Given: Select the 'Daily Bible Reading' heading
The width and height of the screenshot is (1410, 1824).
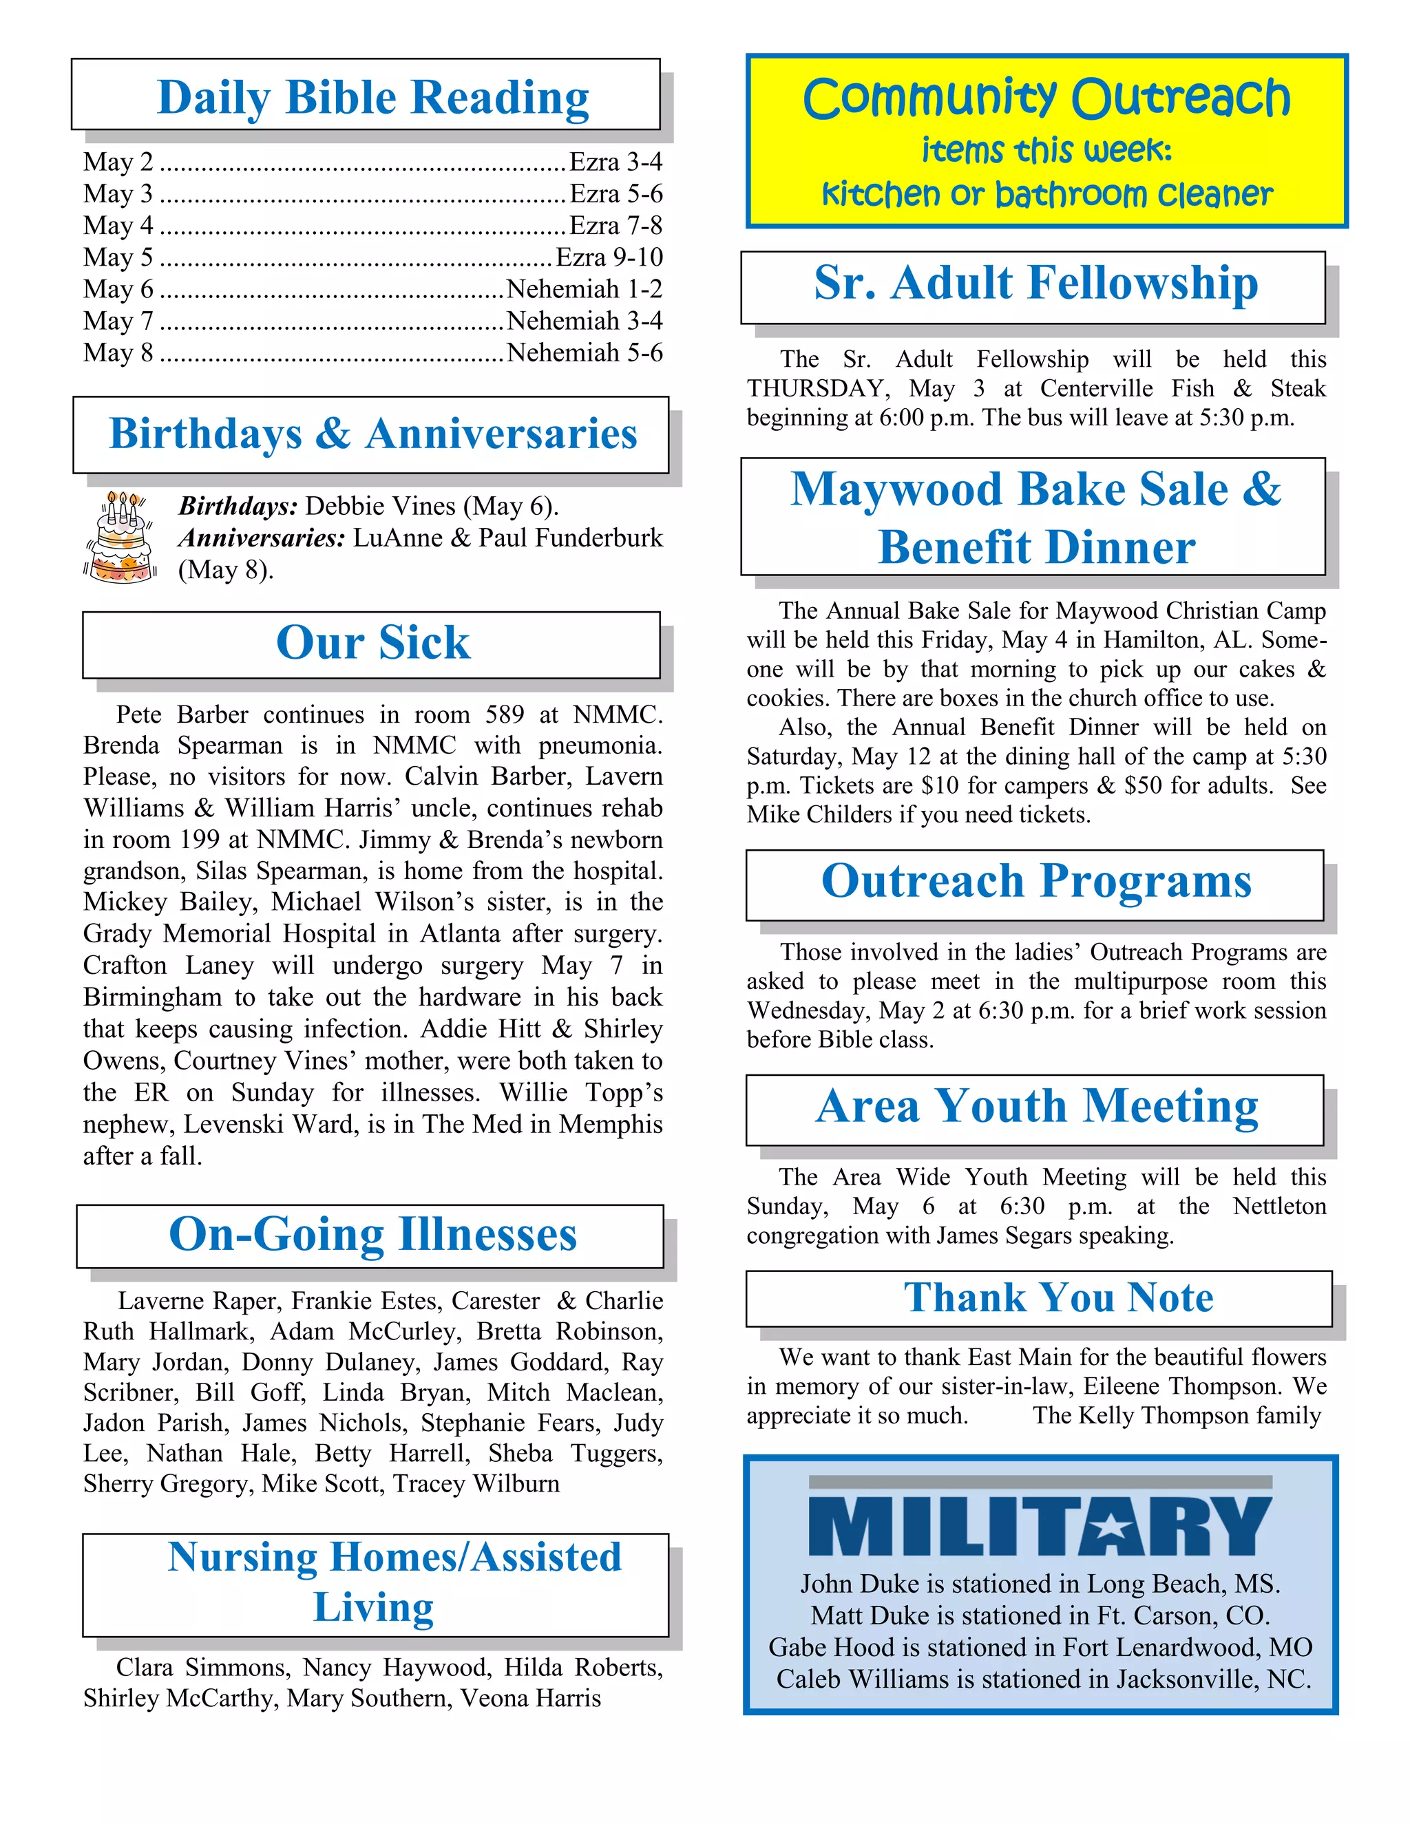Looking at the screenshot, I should point(372,98).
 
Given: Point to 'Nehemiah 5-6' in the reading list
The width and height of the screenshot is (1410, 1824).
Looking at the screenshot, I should point(584,352).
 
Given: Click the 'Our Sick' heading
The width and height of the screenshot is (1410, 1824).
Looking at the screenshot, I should point(372,643).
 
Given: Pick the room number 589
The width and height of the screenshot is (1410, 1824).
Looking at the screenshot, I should point(505,715).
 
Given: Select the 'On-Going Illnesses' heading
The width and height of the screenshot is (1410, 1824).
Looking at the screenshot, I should point(372,1234).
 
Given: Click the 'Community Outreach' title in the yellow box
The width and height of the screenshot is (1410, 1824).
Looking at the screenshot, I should point(1046,99).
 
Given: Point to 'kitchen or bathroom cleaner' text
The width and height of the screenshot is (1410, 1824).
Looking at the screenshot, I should point(1046,195).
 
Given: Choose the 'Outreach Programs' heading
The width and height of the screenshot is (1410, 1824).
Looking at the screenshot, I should point(1035,882).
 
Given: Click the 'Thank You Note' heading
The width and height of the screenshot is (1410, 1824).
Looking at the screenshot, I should point(1058,1298).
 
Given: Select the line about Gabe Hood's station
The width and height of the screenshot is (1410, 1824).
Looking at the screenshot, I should point(1040,1647).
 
